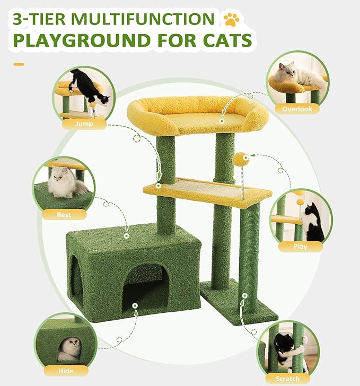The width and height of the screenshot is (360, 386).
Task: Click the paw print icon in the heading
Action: coord(231,19)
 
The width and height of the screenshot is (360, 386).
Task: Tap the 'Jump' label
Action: coord(84,124)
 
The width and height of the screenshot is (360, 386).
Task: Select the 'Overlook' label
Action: coord(297,109)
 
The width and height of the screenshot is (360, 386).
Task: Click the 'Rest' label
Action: coord(64,215)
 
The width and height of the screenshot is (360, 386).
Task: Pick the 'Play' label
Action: coord(300,246)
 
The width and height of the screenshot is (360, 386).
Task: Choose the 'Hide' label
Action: coord(66,371)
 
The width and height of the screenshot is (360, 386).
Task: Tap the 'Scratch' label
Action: coord(287,379)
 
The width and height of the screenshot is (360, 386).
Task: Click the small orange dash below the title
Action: coord(19,64)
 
